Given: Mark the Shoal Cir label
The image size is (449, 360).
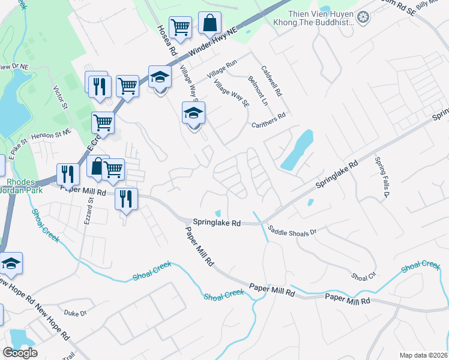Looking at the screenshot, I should pyautogui.click(x=363, y=277).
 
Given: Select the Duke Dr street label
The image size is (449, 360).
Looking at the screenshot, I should pyautogui.click(x=76, y=313).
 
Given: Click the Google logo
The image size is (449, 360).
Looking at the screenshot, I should pyautogui.click(x=20, y=353).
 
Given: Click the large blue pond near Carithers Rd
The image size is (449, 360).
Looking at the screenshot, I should pyautogui.click(x=297, y=150).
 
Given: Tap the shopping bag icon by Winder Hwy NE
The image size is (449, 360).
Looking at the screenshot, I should pyautogui.click(x=209, y=24).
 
